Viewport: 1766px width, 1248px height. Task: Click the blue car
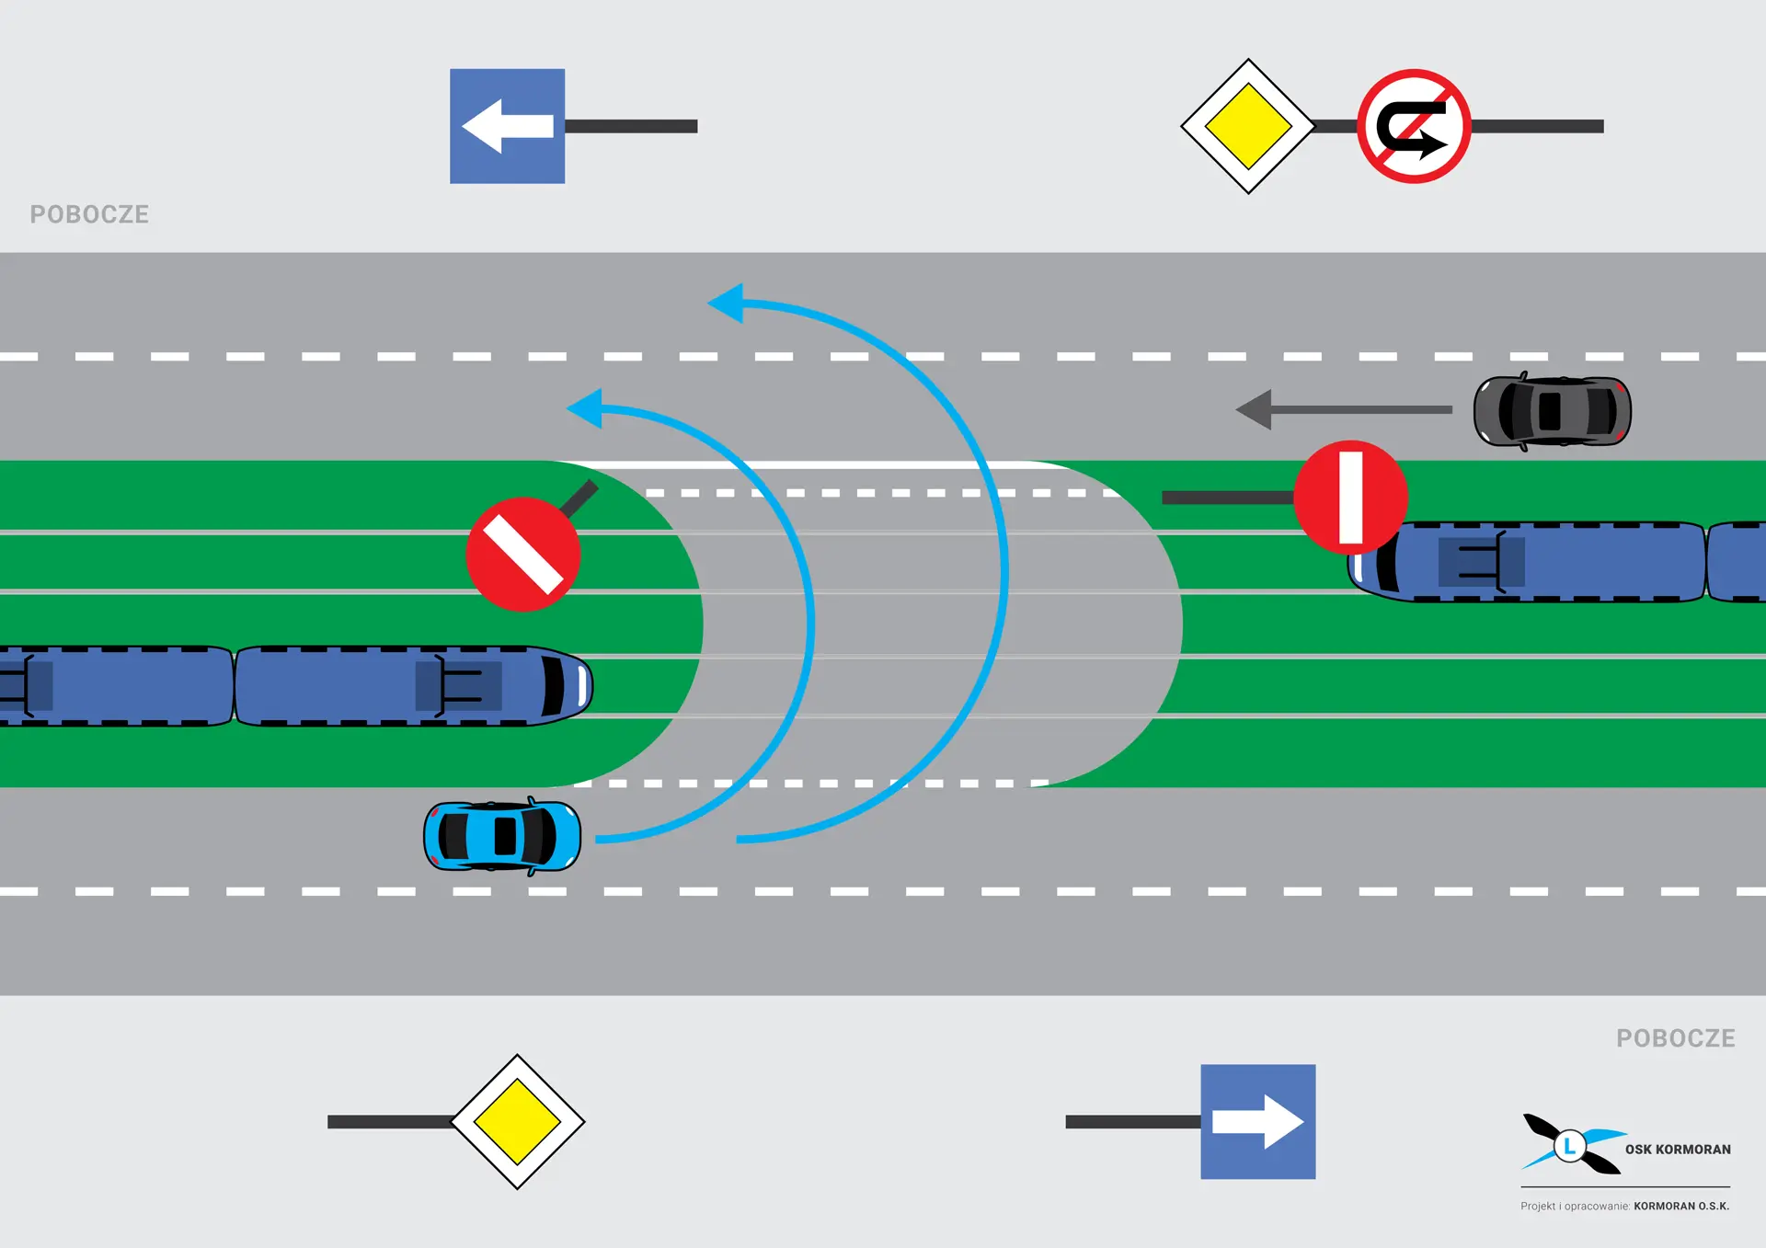(502, 836)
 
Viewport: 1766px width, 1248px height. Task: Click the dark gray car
(1552, 411)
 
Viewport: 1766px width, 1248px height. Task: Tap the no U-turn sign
(1414, 126)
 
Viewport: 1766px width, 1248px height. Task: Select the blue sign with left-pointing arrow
(507, 126)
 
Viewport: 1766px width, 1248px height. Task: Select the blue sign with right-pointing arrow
(1257, 1121)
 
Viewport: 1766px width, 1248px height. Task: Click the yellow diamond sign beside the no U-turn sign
(1248, 126)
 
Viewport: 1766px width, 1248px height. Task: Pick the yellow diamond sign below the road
(518, 1121)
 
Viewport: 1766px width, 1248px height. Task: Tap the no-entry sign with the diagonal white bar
(522, 554)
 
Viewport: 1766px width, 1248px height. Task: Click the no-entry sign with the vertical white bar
(1350, 497)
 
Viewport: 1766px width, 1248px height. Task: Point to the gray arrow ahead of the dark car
(1343, 409)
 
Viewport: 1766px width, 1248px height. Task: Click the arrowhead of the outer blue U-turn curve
(728, 303)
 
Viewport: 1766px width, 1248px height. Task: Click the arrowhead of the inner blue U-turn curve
(586, 408)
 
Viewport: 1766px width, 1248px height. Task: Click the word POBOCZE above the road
(89, 214)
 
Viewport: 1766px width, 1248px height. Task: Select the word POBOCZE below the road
(1675, 1038)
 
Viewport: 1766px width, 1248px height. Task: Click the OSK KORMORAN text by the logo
(1678, 1150)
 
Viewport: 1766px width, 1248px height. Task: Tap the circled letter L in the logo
(1570, 1146)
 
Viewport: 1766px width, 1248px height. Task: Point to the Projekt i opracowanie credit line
(1624, 1206)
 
